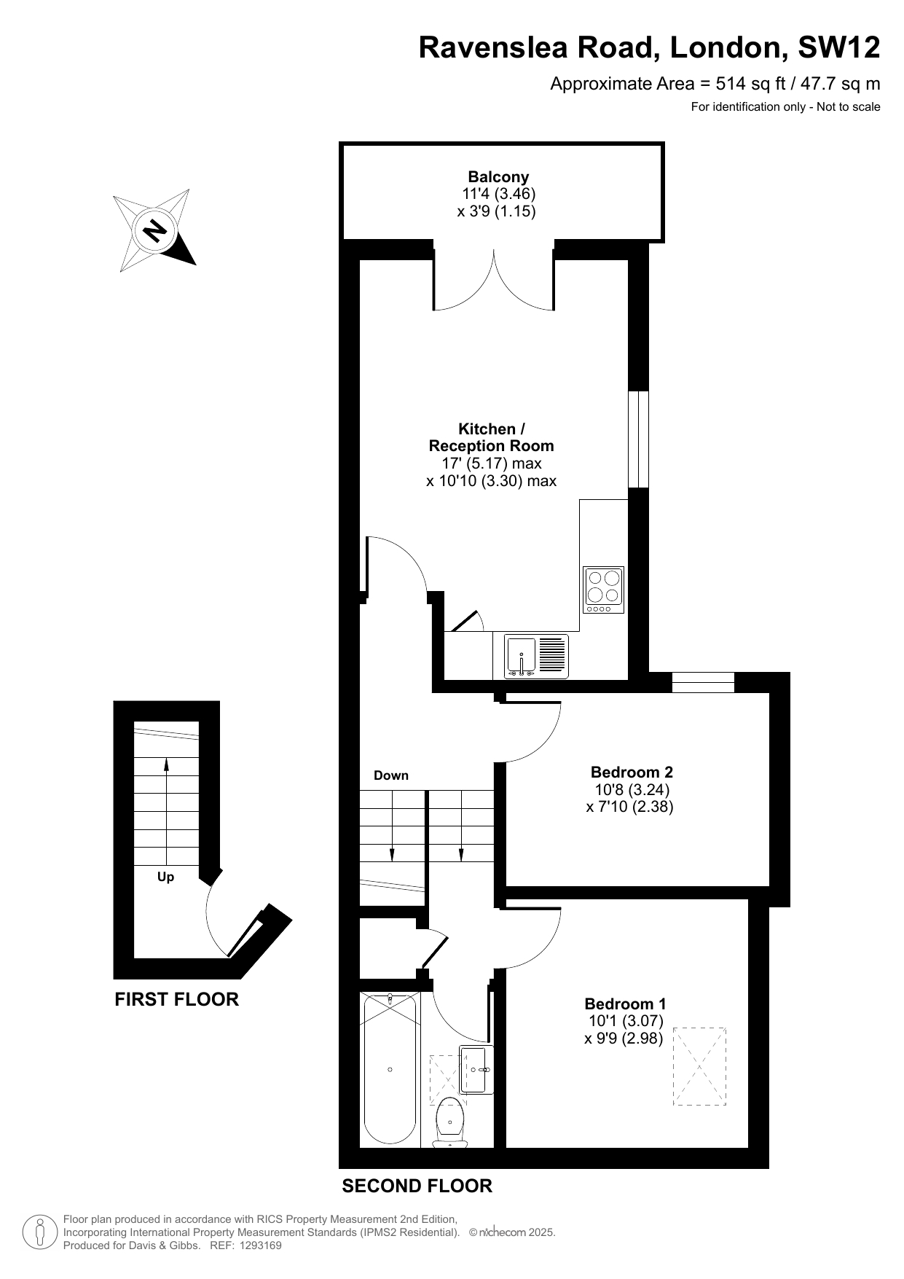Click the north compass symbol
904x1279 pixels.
tap(155, 230)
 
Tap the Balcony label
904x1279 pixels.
tap(498, 176)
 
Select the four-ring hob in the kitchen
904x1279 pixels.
tap(604, 590)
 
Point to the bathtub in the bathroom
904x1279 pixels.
tap(390, 1069)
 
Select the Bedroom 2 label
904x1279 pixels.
tap(632, 772)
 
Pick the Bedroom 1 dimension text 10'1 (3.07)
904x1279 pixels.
tap(626, 1021)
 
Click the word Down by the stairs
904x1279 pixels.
tap(391, 775)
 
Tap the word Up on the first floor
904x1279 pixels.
tap(166, 877)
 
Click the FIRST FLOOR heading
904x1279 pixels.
tap(177, 999)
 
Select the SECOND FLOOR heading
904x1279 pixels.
tap(417, 1186)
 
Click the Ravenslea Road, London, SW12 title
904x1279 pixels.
tap(649, 47)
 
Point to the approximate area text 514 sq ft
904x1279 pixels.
tap(750, 84)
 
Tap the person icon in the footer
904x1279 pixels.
tap(40, 1232)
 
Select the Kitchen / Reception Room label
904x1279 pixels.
tap(492, 437)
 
